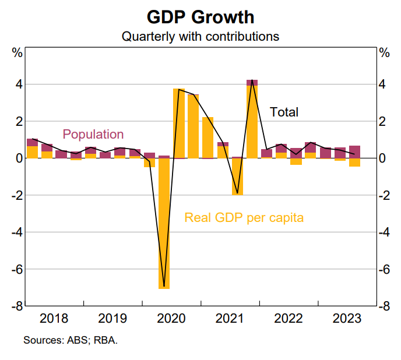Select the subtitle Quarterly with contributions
pos(200,36)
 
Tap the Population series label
pos(93,135)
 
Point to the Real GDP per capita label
pos(244,218)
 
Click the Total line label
pos(284,112)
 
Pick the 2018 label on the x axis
pos(54,319)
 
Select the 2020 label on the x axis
pos(171,319)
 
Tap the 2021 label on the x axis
pos(230,319)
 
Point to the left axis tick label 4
pos(19,84)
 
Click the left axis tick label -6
pos(16,269)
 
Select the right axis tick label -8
pos(384,306)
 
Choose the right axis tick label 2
pos(382,121)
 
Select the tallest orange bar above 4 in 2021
pos(252,122)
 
